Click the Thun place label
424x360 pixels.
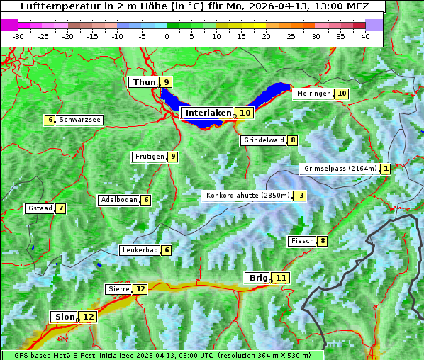coord(143,82)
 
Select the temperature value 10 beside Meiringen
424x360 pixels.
coord(342,94)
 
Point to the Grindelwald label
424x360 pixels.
coord(264,140)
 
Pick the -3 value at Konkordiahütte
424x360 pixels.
coord(300,196)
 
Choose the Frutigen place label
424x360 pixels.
coord(149,157)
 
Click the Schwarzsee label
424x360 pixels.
coord(79,120)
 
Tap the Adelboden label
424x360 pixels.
coord(118,200)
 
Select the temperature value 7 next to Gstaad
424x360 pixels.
coord(61,208)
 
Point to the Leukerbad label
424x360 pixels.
coord(139,250)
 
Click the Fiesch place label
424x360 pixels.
coord(302,241)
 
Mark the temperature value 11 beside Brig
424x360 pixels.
coord(281,278)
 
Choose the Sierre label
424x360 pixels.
coord(118,289)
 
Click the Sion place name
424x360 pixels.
coord(62,317)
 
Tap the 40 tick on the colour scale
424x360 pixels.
coord(365,36)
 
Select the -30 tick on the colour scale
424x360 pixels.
coord(18,36)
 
